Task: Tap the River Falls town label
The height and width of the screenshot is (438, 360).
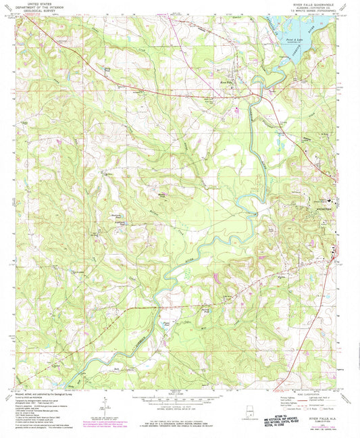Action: pyautogui.click(x=227, y=78)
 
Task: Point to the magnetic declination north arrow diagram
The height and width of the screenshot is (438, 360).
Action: pyautogui.click(x=103, y=408)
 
